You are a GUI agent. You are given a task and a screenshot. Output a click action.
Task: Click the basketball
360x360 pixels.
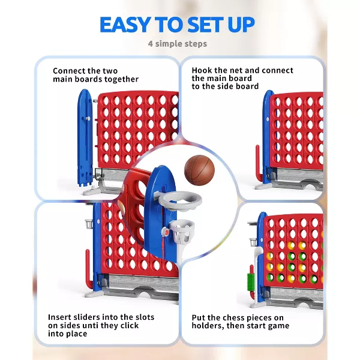pos(199,170)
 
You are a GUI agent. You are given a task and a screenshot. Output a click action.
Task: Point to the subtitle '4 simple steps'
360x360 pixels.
pos(178,44)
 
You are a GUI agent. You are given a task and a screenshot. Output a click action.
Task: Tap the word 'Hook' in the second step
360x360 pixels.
pos(201,70)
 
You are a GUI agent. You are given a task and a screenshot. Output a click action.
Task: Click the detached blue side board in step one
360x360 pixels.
pos(85,138)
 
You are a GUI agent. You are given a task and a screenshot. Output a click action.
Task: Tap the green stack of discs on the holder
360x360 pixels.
pos(251,281)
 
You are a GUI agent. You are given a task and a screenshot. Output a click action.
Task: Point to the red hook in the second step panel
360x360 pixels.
pos(259,163)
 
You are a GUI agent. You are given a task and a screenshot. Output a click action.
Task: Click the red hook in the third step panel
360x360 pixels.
pos(89,269)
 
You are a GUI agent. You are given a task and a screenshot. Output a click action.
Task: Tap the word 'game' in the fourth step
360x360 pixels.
pos(278,326)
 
